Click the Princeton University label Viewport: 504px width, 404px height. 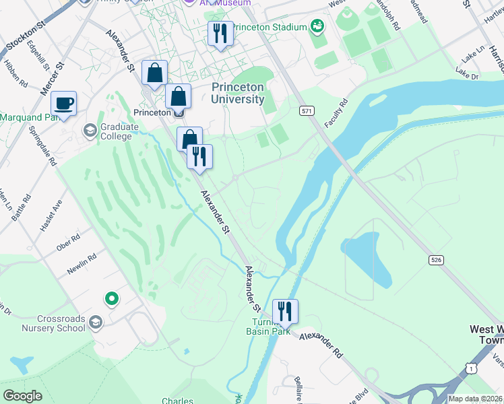click(x=238, y=93)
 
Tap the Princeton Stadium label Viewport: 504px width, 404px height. click(x=270, y=28)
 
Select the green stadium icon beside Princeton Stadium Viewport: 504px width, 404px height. click(x=317, y=27)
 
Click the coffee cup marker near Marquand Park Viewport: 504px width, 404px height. click(x=64, y=103)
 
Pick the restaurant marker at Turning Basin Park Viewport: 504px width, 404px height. click(x=285, y=311)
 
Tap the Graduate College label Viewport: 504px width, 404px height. click(x=116, y=131)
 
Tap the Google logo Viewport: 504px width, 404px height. click(x=23, y=395)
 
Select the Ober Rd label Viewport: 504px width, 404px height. click(x=68, y=242)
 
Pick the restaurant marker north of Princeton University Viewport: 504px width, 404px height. click(x=220, y=33)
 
